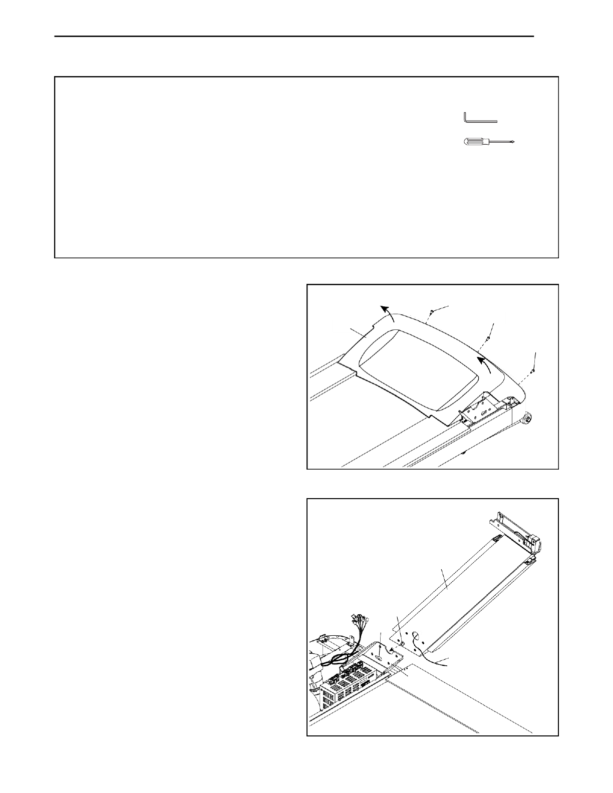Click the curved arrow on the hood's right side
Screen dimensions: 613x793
(x=484, y=364)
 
